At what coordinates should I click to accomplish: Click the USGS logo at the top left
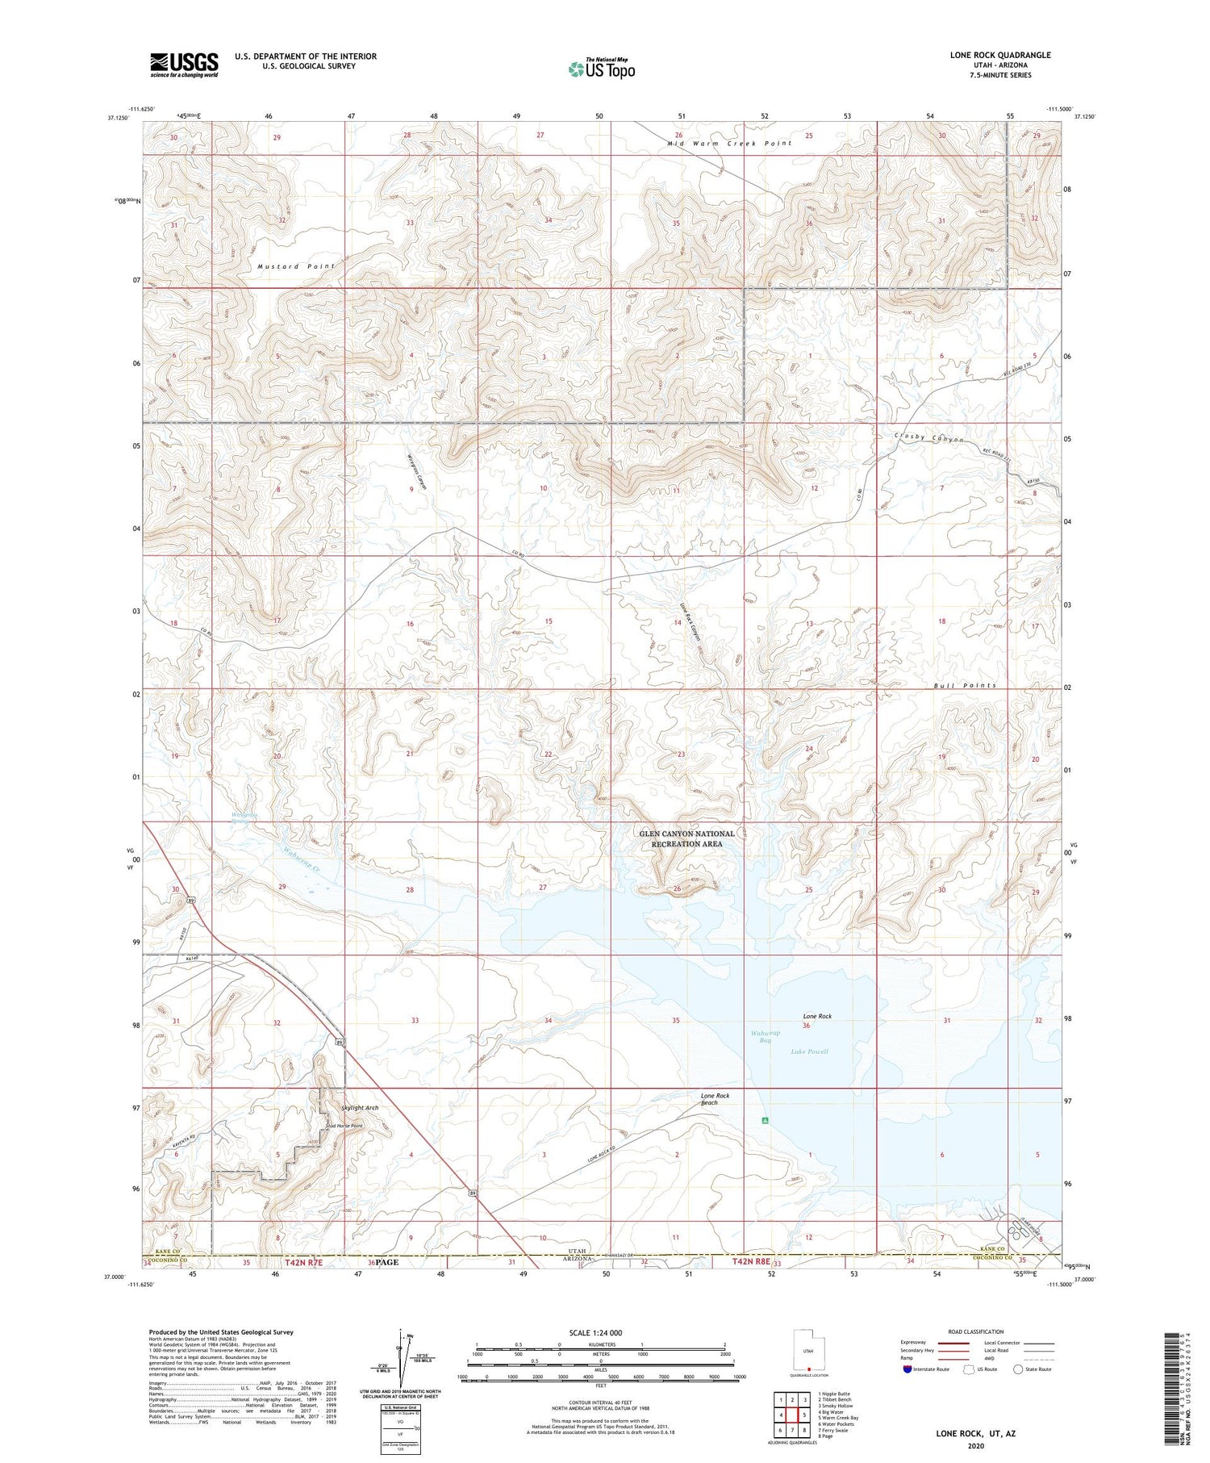(x=184, y=65)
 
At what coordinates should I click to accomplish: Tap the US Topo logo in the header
(x=602, y=69)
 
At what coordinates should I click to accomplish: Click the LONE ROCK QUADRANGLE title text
(x=999, y=55)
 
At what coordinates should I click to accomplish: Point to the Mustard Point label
(x=295, y=266)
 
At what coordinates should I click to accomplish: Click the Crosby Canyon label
(x=929, y=438)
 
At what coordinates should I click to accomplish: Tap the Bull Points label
(x=964, y=685)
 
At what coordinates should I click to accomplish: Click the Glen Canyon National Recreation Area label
(x=686, y=838)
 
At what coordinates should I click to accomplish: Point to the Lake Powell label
(x=809, y=1051)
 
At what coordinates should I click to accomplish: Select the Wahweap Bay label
(x=766, y=1037)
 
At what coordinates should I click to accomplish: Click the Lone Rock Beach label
(x=715, y=1099)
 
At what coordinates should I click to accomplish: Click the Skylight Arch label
(x=359, y=1108)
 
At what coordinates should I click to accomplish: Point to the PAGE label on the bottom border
(x=386, y=1262)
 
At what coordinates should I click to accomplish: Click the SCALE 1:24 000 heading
(x=594, y=1333)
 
